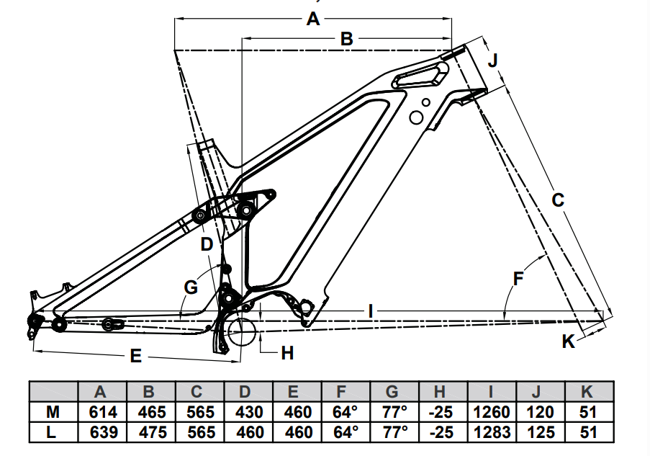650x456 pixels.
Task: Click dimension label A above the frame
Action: point(312,19)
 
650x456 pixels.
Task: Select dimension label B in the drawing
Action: point(346,39)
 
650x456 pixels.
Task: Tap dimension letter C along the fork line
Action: point(558,200)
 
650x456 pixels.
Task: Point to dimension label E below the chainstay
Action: point(135,356)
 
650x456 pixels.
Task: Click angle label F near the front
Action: point(518,277)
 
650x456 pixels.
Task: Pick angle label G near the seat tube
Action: point(190,287)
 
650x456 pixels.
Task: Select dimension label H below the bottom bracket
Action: point(287,353)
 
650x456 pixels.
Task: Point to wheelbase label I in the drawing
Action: point(369,311)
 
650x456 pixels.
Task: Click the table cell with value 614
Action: point(101,412)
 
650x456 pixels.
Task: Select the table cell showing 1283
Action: point(492,432)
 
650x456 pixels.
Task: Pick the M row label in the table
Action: point(52,412)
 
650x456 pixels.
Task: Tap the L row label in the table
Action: point(52,432)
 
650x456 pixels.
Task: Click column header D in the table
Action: point(245,392)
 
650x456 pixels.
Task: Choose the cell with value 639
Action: point(101,432)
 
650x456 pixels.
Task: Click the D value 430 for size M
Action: point(245,412)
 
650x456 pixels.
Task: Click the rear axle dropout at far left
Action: point(32,321)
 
